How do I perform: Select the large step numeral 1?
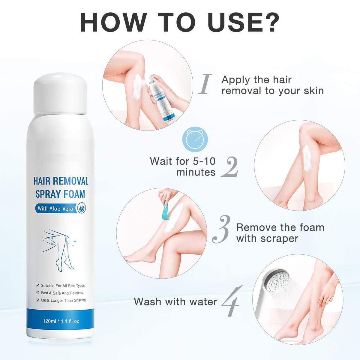pyautogui.click(x=206, y=85)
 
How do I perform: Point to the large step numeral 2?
pyautogui.click(x=230, y=168)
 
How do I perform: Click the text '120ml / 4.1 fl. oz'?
pyautogui.click(x=61, y=321)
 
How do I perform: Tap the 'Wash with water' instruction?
pyautogui.click(x=175, y=301)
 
